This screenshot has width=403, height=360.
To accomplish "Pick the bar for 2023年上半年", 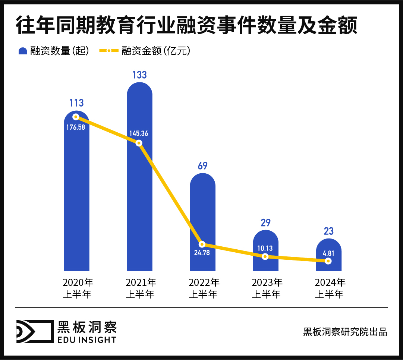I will point(265,242).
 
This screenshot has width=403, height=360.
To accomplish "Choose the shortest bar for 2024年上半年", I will point(328,250).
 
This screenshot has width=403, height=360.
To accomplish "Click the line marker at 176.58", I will point(76,117).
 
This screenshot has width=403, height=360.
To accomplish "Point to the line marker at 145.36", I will point(139,143).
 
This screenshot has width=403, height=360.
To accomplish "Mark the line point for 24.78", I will point(202,244).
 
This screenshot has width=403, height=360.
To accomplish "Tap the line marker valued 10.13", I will point(265,257).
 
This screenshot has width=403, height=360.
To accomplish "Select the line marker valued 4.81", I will point(328,261).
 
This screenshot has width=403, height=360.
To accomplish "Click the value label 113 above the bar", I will point(76,103).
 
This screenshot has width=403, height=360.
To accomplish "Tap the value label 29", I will point(265,223).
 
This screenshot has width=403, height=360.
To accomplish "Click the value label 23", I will point(328,231).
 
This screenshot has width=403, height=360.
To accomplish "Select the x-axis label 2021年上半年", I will point(140,288).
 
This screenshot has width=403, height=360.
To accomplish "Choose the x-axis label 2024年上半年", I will point(329,288).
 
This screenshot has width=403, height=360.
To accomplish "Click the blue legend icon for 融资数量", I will point(23,51).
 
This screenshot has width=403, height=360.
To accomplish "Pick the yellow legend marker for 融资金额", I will point(108,51).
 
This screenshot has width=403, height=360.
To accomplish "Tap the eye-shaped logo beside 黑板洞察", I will point(33,331).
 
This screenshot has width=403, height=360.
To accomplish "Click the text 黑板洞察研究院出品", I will point(345,332).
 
